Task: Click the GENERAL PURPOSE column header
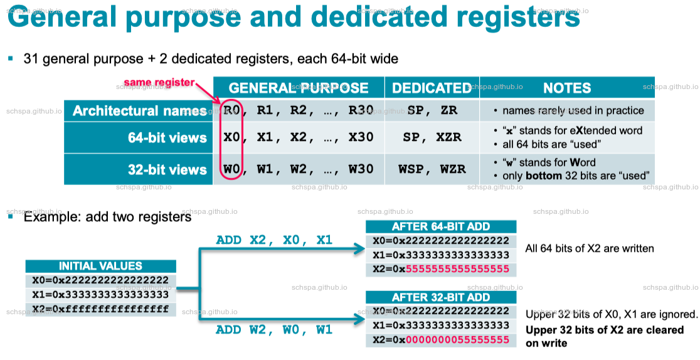coord(299,88)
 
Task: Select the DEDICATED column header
coord(432,88)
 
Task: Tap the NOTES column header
coord(567,88)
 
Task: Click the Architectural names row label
coord(139,111)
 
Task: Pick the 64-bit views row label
coord(167,138)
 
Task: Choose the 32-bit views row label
coord(167,169)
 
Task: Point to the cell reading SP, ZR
coord(432,111)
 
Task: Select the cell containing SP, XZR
coord(432,138)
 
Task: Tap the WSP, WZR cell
coord(432,169)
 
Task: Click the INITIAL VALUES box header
coord(100,266)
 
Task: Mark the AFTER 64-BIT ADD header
coord(440,226)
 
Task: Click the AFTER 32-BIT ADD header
coord(440,297)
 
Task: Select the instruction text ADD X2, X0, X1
coord(274,240)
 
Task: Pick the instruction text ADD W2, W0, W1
coord(274,329)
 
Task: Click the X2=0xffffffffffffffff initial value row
coord(100,309)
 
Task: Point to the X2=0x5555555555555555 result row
coord(440,270)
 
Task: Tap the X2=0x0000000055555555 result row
coord(440,340)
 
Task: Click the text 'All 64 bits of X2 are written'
coord(590,248)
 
